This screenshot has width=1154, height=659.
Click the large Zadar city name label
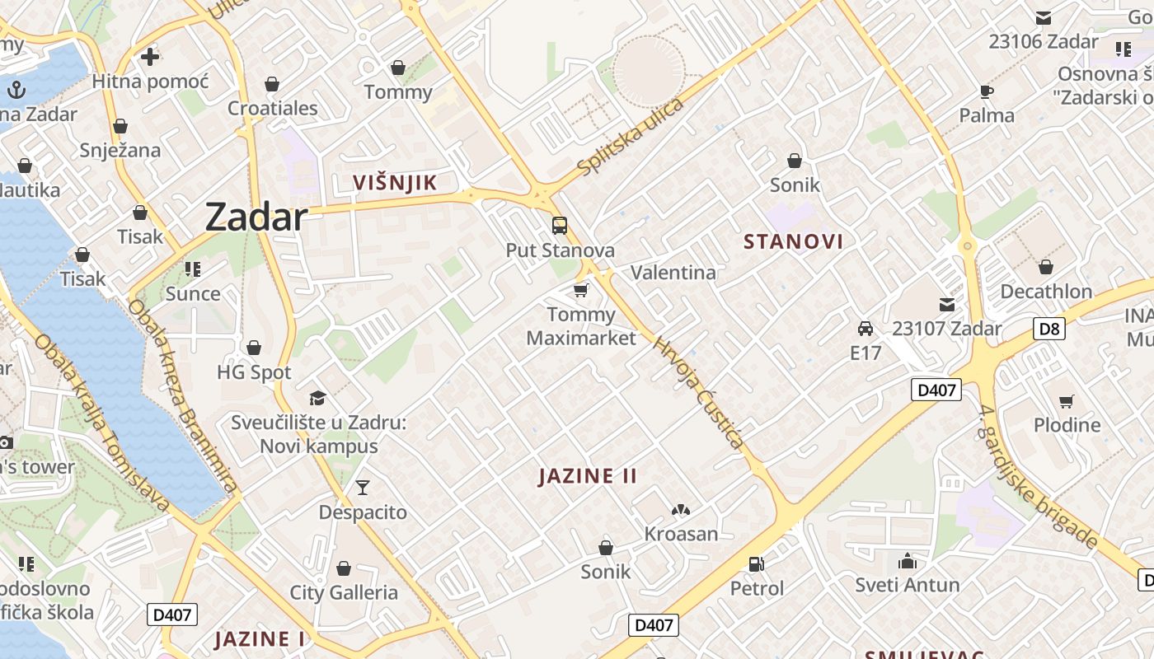tap(256, 217)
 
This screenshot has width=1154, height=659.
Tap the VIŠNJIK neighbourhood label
tap(395, 183)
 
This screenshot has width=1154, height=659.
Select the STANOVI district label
tap(793, 241)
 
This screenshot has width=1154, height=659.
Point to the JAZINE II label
tap(588, 476)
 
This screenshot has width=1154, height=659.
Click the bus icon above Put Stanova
tap(560, 226)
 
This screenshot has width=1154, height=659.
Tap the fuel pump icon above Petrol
tap(756, 564)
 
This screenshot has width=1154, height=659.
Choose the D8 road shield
tap(1049, 329)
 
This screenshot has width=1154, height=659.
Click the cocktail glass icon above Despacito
tap(363, 488)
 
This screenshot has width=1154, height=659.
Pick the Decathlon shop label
tap(1046, 292)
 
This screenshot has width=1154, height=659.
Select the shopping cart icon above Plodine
tap(1067, 401)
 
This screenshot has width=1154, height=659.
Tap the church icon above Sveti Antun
tap(907, 561)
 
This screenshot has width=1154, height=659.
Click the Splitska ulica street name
tap(631, 137)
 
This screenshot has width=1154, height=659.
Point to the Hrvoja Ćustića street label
tap(699, 390)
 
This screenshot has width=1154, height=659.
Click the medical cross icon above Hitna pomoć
tap(150, 57)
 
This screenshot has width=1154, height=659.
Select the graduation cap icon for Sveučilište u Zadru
tap(318, 399)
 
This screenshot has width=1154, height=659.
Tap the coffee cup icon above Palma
tap(987, 91)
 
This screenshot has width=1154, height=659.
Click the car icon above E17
tap(865, 329)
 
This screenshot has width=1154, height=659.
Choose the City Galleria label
tap(344, 592)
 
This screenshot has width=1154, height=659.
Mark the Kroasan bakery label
tap(681, 534)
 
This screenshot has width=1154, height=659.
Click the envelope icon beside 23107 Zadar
tap(947, 305)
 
